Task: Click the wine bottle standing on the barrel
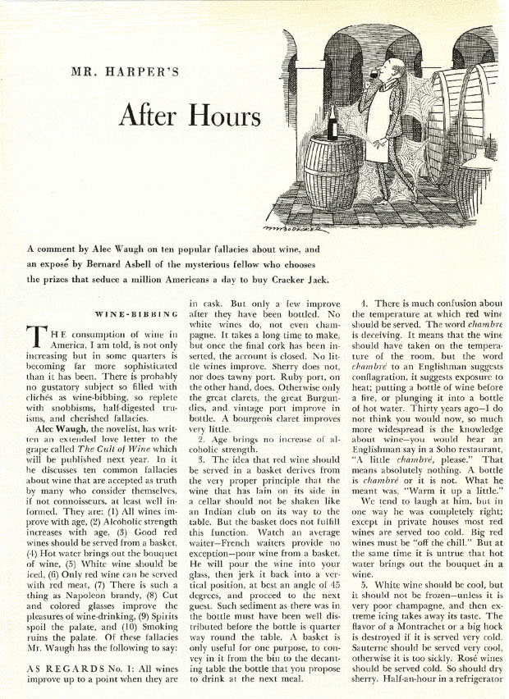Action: (x=332, y=123)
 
